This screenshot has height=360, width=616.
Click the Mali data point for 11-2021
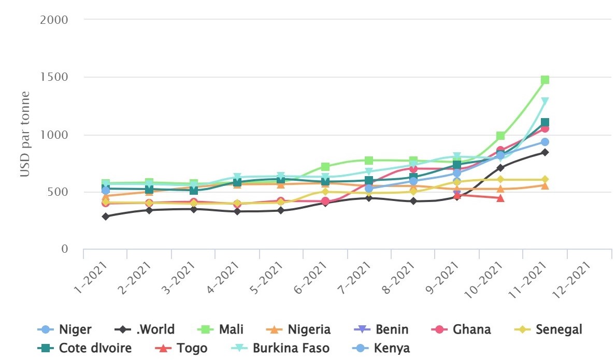pyautogui.click(x=545, y=80)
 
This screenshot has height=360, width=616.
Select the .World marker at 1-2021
pyautogui.click(x=106, y=217)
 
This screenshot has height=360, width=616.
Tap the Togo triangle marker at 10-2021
pyautogui.click(x=501, y=198)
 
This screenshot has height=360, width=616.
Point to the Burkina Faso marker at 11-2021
pyautogui.click(x=545, y=102)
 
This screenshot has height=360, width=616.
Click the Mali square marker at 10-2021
pyautogui.click(x=501, y=136)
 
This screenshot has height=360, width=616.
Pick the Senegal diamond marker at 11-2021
pyautogui.click(x=545, y=180)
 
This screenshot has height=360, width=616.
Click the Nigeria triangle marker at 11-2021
pyautogui.click(x=545, y=185)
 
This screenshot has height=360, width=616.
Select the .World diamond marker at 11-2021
pyautogui.click(x=545, y=152)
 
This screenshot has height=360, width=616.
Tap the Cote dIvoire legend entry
pyautogui.click(x=85, y=348)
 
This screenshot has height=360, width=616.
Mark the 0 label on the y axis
pyautogui.click(x=65, y=250)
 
